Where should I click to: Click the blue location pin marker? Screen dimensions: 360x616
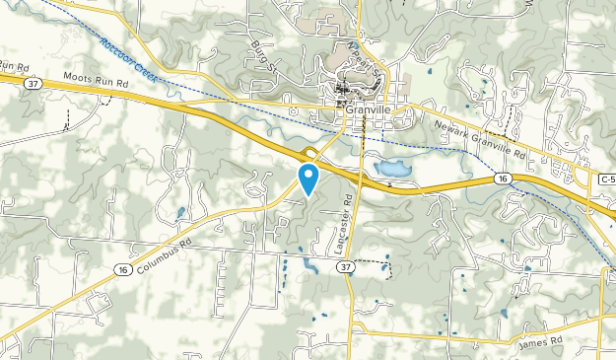tap(309, 178)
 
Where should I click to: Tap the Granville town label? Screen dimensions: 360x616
tap(369, 111)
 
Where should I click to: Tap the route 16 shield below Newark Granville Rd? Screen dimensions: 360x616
tap(502, 179)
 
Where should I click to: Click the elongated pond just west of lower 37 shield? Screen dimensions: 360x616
tap(309, 264)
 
